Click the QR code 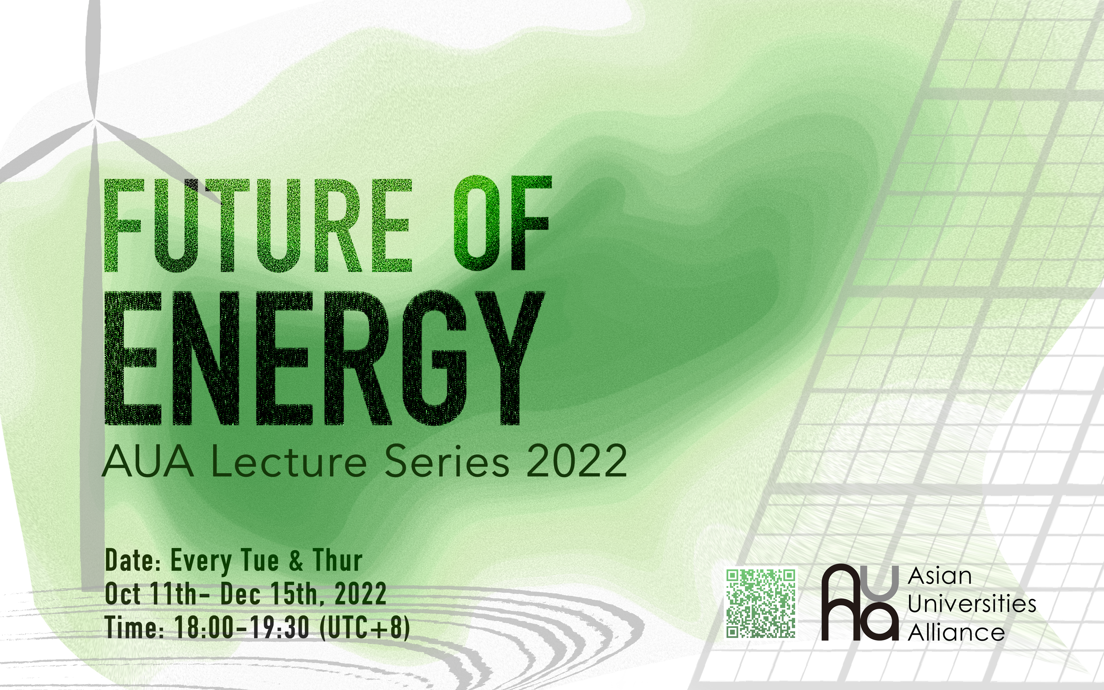761,603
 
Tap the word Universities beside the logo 972,604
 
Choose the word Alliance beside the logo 956,632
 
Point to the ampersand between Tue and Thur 296,561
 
